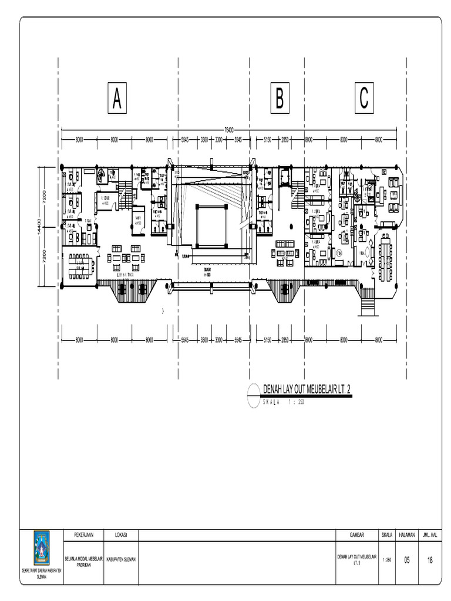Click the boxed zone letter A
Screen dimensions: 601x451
(x=117, y=99)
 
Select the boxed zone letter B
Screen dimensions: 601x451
(x=280, y=99)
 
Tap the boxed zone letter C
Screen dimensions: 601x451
(x=364, y=99)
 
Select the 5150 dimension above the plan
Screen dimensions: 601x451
(x=268, y=140)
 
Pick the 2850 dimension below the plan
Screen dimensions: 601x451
(x=284, y=340)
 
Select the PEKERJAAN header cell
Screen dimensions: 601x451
(x=84, y=535)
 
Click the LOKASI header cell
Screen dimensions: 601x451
(x=122, y=535)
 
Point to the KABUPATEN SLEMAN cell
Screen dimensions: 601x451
(x=122, y=560)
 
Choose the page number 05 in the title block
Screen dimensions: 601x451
(x=407, y=560)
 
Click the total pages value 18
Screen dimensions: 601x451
(x=430, y=560)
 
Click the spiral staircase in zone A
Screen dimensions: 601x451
(x=102, y=174)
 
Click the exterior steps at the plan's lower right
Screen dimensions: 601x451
(x=368, y=305)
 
